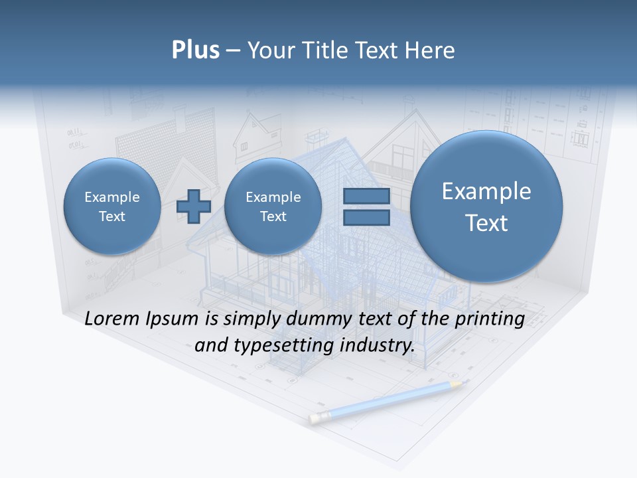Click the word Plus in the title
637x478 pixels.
tap(195, 50)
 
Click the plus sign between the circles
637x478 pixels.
tap(194, 206)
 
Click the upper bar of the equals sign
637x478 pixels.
tap(366, 197)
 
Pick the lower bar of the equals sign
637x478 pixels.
tap(366, 218)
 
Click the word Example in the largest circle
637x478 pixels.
tap(486, 191)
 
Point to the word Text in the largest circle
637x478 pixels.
tap(486, 223)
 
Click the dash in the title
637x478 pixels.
tap(233, 50)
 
